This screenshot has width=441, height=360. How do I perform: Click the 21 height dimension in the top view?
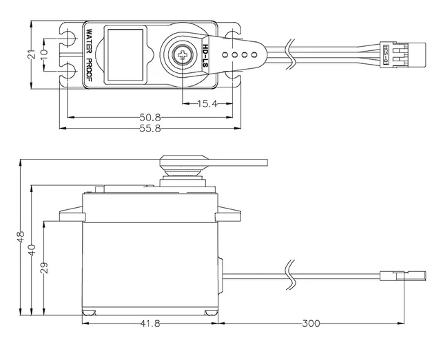coord(31,55)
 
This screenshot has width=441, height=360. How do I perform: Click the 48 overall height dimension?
coord(21,237)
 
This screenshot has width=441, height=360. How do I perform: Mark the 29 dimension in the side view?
coord(44,268)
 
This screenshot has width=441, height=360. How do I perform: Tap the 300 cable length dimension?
coord(311,322)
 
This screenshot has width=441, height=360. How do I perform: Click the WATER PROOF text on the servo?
coord(89,55)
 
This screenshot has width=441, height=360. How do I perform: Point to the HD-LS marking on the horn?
coord(207,55)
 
